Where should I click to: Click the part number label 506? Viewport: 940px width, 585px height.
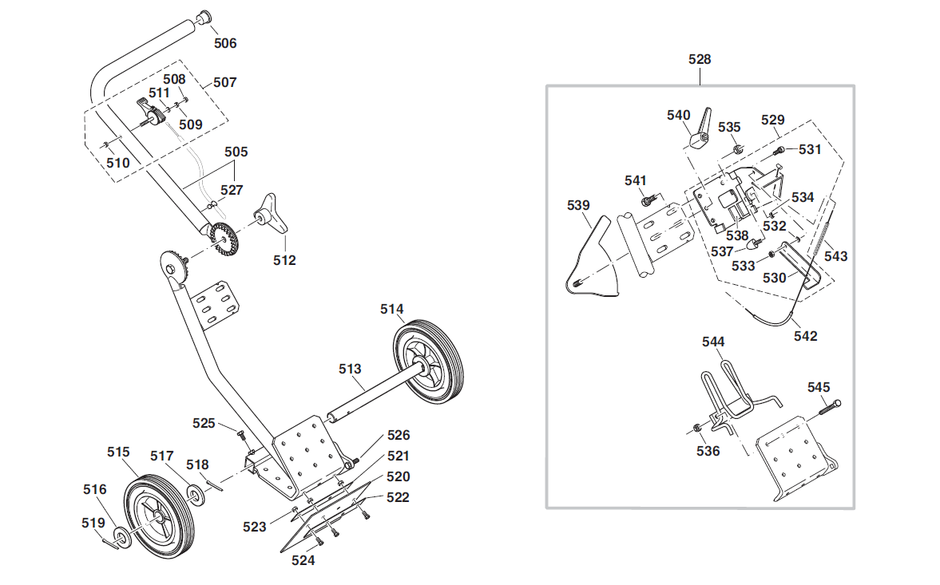(x=225, y=43)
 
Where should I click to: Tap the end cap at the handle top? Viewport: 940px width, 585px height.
(x=204, y=18)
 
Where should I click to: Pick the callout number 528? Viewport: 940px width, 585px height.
(x=700, y=59)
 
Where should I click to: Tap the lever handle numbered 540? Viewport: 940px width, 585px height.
(x=700, y=132)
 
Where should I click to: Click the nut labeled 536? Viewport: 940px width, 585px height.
(x=698, y=430)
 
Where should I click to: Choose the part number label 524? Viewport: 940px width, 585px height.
(x=303, y=561)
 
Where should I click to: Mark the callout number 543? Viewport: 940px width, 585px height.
(x=835, y=256)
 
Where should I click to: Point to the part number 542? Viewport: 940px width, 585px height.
(x=805, y=336)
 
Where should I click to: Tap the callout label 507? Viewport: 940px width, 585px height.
(x=224, y=82)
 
